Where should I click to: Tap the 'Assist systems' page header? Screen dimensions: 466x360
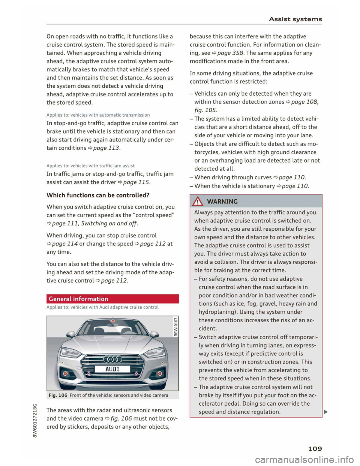[x=294, y=19]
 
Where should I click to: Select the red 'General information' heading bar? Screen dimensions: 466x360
[x=112, y=299]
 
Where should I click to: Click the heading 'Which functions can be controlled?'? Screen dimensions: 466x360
[x=98, y=195]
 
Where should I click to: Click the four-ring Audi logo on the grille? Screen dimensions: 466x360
[x=112, y=358]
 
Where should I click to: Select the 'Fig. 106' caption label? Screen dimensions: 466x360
[x=58, y=395]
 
